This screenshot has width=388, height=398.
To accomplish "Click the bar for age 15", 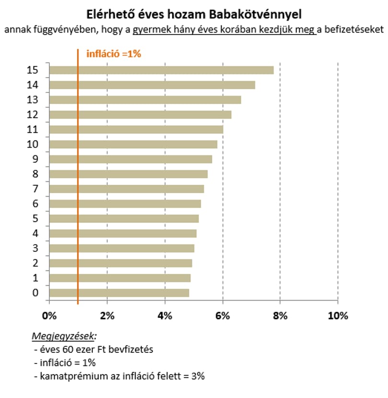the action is (x=161, y=70).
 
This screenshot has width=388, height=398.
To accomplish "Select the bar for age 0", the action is (x=119, y=293).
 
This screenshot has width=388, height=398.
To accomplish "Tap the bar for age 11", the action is (x=137, y=129).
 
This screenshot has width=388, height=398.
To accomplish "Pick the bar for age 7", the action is (x=127, y=189).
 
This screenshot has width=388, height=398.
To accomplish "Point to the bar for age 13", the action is (x=145, y=100).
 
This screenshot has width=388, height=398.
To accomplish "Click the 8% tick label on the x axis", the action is (x=280, y=316).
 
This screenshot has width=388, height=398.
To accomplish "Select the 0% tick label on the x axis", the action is (x=49, y=316).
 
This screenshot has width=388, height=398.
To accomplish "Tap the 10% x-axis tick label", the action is (x=338, y=316).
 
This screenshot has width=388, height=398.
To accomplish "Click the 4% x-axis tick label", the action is (x=165, y=316).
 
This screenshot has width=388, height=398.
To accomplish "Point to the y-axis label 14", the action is (x=33, y=85).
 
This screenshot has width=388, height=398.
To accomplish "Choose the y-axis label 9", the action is (x=35, y=159).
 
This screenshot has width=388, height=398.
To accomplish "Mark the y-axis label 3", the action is (x=35, y=248).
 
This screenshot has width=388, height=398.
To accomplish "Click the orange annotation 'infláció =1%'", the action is (x=114, y=54).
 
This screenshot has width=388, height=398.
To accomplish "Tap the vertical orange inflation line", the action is (x=78, y=176).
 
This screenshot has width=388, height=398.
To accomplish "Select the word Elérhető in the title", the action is (x=111, y=14).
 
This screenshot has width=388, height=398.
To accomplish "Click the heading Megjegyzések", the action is (x=63, y=336).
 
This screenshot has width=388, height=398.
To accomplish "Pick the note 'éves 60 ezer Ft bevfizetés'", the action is (x=97, y=350).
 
